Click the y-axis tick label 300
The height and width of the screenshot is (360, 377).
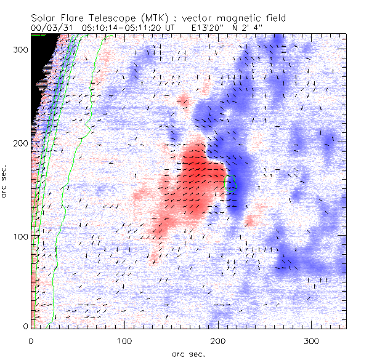pyautogui.click(x=21, y=50)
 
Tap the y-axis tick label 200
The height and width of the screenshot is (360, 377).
pyautogui.click(x=21, y=143)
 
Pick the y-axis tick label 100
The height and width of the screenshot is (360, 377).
pyautogui.click(x=21, y=236)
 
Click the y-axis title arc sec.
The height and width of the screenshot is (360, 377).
pyautogui.click(x=6, y=182)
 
